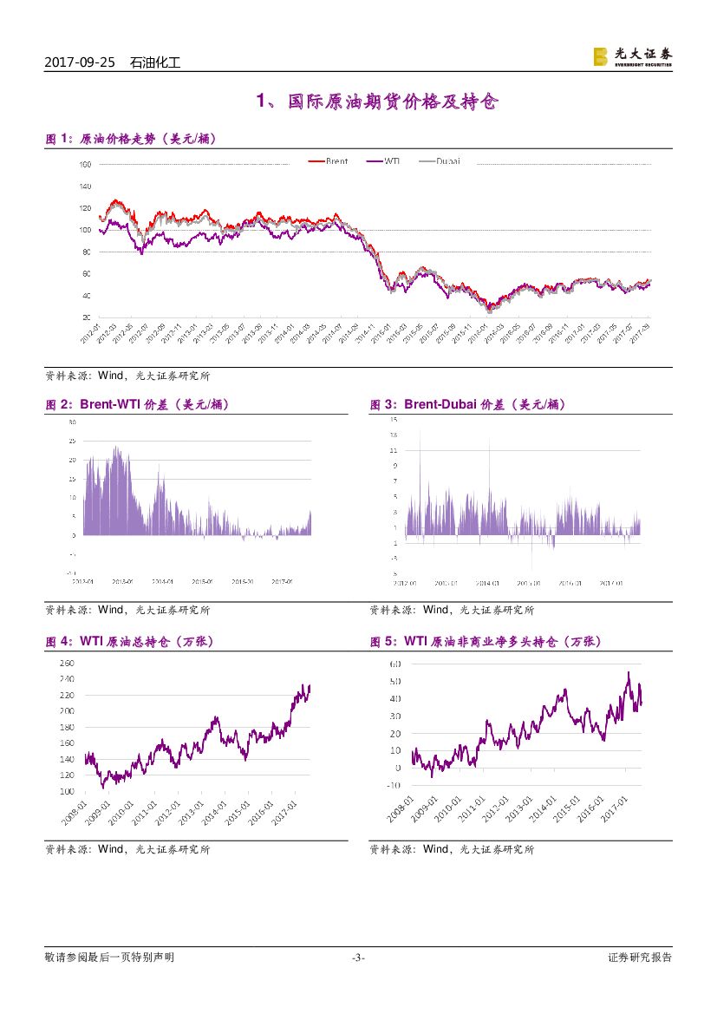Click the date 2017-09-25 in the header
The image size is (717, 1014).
(79, 63)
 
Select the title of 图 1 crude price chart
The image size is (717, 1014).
(130, 139)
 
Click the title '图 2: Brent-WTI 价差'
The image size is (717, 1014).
(137, 404)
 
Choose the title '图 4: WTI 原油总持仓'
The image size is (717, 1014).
(129, 642)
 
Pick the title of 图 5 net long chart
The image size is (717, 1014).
(486, 642)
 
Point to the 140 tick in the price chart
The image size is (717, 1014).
(84, 186)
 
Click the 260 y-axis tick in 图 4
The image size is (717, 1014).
(67, 663)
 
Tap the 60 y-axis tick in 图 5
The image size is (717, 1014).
(394, 664)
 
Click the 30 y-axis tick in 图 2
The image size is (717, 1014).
(72, 422)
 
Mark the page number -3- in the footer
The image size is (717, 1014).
(358, 958)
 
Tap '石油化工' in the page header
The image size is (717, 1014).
(154, 63)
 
